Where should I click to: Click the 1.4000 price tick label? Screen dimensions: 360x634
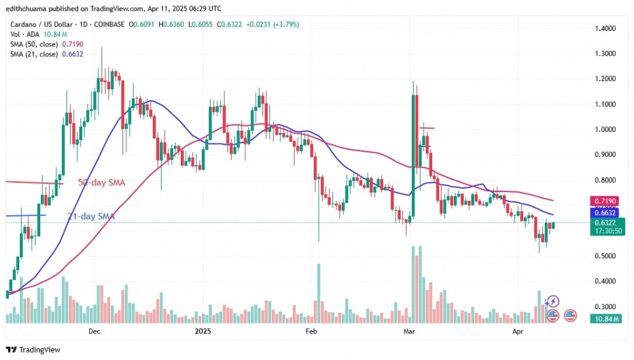606,29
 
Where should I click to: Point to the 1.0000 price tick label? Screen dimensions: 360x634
606,130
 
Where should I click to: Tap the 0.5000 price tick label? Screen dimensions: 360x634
606,256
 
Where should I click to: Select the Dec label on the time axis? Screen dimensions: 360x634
94,331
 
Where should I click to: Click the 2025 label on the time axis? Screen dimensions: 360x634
203,331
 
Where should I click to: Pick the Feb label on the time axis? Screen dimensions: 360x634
311,331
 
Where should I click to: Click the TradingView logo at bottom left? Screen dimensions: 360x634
33,349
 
